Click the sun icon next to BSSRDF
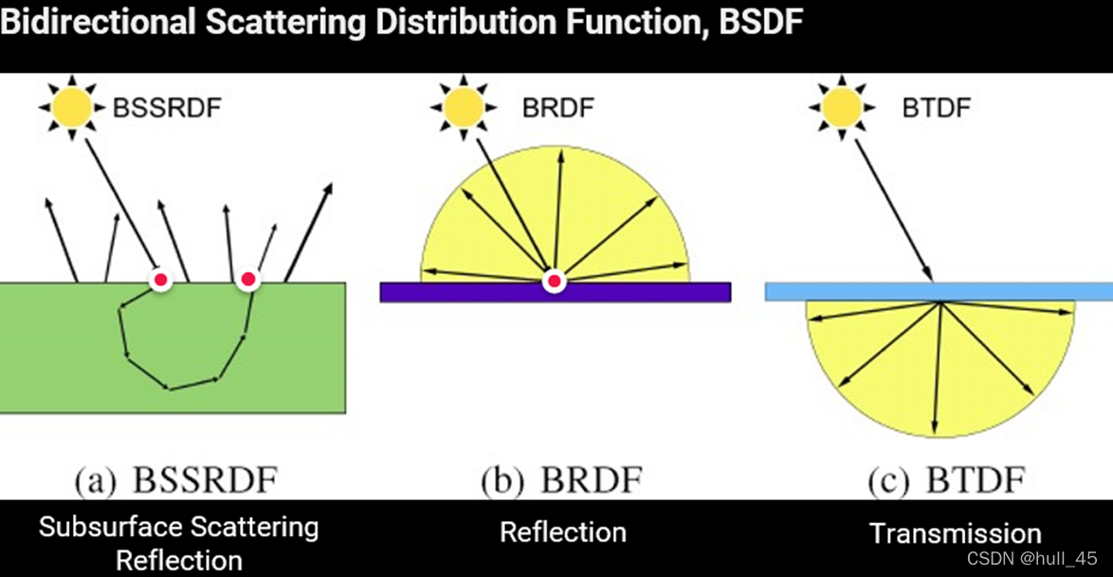pyautogui.click(x=72, y=107)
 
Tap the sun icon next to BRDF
pyautogui.click(x=463, y=107)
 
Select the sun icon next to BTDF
pyautogui.click(x=842, y=107)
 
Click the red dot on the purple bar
pyautogui.click(x=554, y=281)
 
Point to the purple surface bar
pyautogui.click(x=645, y=292)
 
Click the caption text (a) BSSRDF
pyautogui.click(x=176, y=480)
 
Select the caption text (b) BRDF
pyautogui.click(x=561, y=480)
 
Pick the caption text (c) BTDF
pyautogui.click(x=946, y=480)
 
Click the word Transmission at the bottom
pyautogui.click(x=955, y=533)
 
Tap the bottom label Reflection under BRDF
pyautogui.click(x=563, y=532)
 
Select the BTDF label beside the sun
pyautogui.click(x=936, y=107)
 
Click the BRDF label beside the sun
pyautogui.click(x=557, y=107)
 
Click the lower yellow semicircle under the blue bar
pyautogui.click(x=891, y=379)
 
